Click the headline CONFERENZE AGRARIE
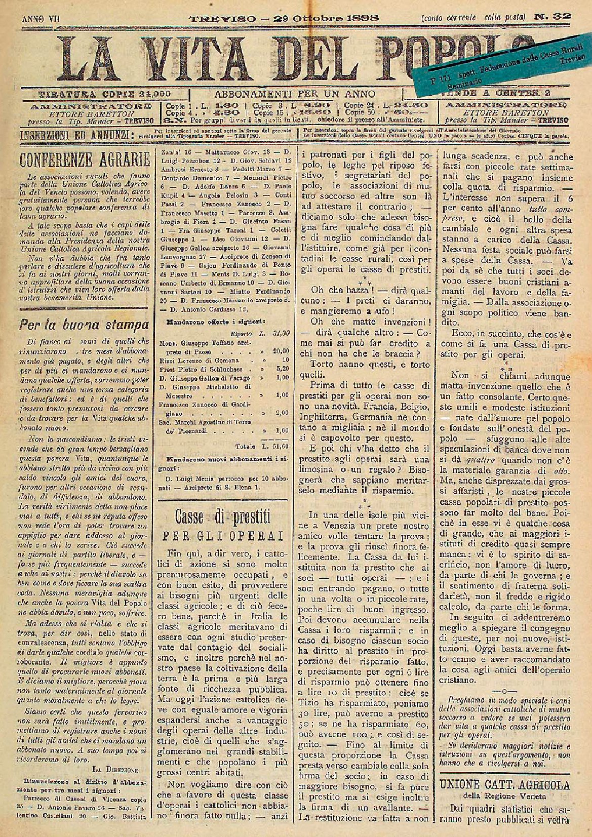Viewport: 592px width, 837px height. pyautogui.click(x=84, y=160)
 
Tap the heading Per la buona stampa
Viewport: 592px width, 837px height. pyautogui.click(x=84, y=324)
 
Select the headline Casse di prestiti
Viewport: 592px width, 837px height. pyautogui.click(x=223, y=517)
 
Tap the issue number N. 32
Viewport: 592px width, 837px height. pyautogui.click(x=552, y=17)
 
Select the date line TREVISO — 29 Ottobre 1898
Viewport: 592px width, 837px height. pyautogui.click(x=284, y=18)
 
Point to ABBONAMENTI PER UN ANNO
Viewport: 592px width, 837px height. pyautogui.click(x=295, y=94)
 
